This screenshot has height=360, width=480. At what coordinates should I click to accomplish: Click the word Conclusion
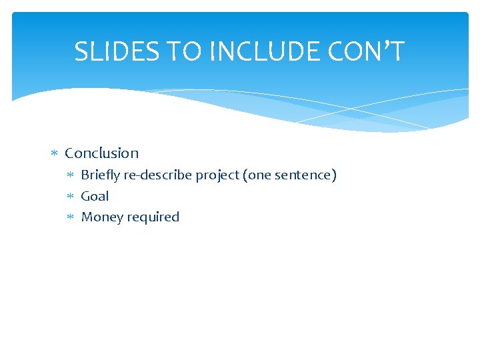101,153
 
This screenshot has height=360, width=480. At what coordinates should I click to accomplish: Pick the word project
217,176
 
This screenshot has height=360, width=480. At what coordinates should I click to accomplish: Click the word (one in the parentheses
257,175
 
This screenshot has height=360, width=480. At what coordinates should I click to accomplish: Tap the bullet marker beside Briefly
71,176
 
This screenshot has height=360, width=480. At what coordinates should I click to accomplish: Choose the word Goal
95,196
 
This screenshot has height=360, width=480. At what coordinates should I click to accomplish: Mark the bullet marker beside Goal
71,197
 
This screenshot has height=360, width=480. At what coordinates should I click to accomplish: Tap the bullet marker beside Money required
71,217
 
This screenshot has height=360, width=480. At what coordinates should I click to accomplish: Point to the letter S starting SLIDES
81,52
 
